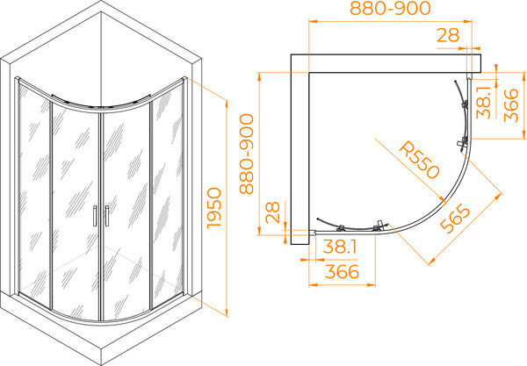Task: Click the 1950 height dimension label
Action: pos(214,208)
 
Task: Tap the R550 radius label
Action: pos(419,160)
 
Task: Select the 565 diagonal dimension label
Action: pos(456,219)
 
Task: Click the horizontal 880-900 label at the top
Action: pos(390,9)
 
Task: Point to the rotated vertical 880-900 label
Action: pos(247,154)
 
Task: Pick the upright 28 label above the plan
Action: pos(448,35)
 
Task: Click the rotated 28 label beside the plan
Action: pos(272,212)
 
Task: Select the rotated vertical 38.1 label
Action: pos(484,103)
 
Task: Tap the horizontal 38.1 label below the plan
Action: pos(340,248)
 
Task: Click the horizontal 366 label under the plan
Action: pos(343,271)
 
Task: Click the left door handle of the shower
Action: pos(95,216)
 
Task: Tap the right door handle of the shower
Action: pos(107,216)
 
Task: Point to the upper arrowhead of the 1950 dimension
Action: pos(227,104)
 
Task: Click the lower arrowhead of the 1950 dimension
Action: pos(227,312)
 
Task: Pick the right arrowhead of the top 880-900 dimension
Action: pos(468,21)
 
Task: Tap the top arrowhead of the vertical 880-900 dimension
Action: pos(259,76)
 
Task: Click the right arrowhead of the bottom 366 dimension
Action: pos(371,285)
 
